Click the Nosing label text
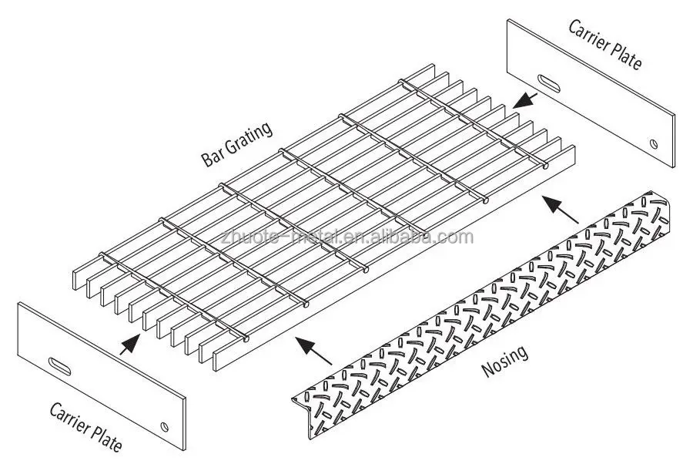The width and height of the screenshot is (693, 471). pos(504,362)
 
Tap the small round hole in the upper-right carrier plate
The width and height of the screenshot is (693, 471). pos(653,144)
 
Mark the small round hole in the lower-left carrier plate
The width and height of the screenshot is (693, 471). pos(164,425)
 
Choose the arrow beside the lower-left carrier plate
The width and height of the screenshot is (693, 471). pos(131,341)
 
